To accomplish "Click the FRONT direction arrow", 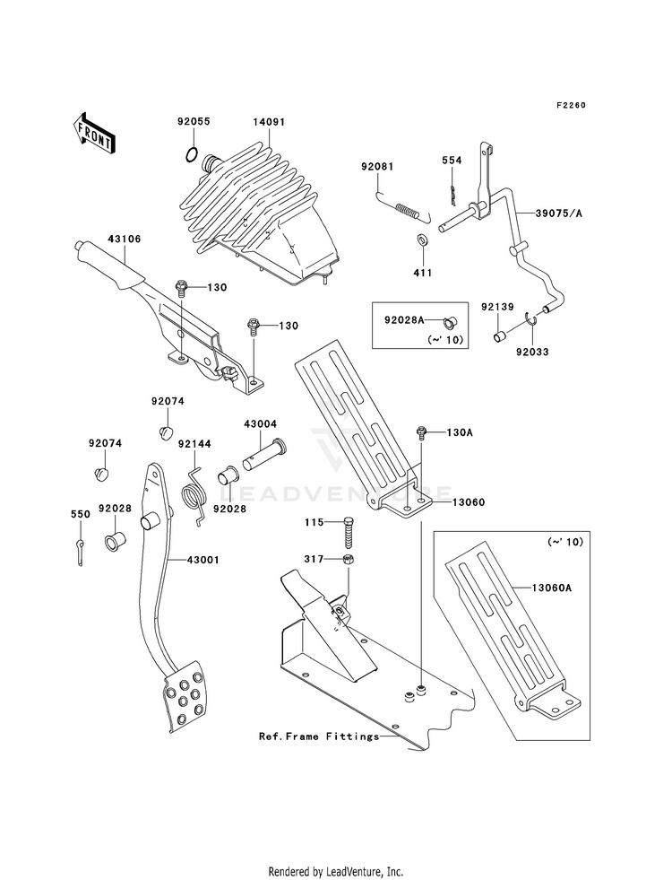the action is [93, 133].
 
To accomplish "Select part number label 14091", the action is [269, 122].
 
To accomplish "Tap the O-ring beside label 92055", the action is [191, 154].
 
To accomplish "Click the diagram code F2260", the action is [571, 105].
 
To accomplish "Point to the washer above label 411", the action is [422, 240].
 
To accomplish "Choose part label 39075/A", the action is [559, 213].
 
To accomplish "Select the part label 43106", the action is [125, 240].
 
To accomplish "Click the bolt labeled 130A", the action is [421, 432].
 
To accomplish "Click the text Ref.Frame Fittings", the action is [318, 736].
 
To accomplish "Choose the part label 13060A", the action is [552, 588].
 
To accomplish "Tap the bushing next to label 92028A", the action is [449, 321].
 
